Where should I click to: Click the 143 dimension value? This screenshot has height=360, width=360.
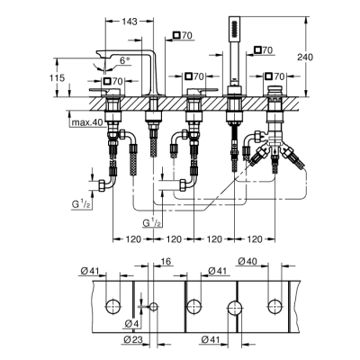pos(130,19)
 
